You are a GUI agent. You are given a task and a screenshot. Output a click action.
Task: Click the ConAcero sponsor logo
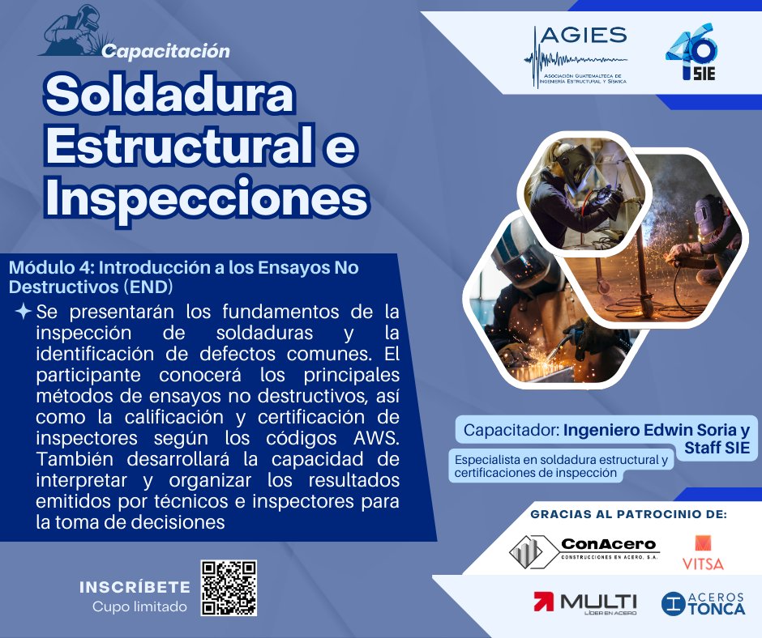tap(584, 551)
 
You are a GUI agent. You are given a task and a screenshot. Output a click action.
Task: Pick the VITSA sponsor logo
tap(703, 552)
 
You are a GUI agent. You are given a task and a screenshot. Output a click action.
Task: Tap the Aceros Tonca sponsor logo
tap(703, 603)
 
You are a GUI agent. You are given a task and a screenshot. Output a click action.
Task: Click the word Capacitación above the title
tap(166, 51)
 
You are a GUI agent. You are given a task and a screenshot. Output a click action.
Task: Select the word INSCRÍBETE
tap(135, 587)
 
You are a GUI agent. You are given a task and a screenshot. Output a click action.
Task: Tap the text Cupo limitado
tap(139, 606)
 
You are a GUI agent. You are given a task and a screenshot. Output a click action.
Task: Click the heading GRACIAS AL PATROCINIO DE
tap(628, 514)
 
